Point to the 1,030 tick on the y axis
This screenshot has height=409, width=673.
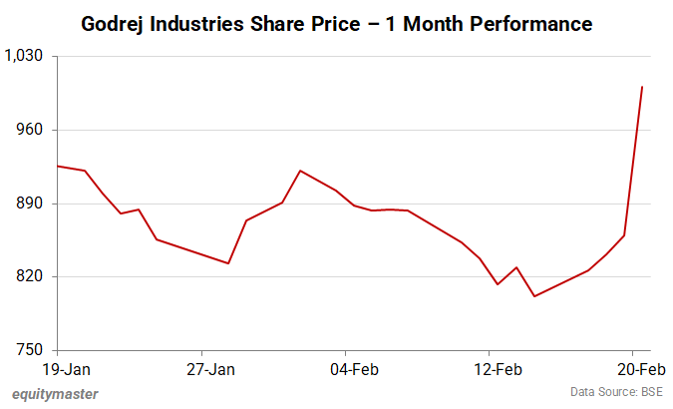pos(27,57)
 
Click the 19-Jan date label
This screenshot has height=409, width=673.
pos(58,368)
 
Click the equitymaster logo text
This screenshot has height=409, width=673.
pos(56,393)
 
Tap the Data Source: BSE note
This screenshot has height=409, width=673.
pos(617,393)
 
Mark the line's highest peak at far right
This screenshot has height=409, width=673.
pos(642,87)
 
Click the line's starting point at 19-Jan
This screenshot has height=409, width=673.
pos(58,166)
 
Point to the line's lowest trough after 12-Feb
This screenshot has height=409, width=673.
pos(534,296)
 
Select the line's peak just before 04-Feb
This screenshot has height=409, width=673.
pos(300,171)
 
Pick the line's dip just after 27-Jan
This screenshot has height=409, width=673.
pos(228,263)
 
